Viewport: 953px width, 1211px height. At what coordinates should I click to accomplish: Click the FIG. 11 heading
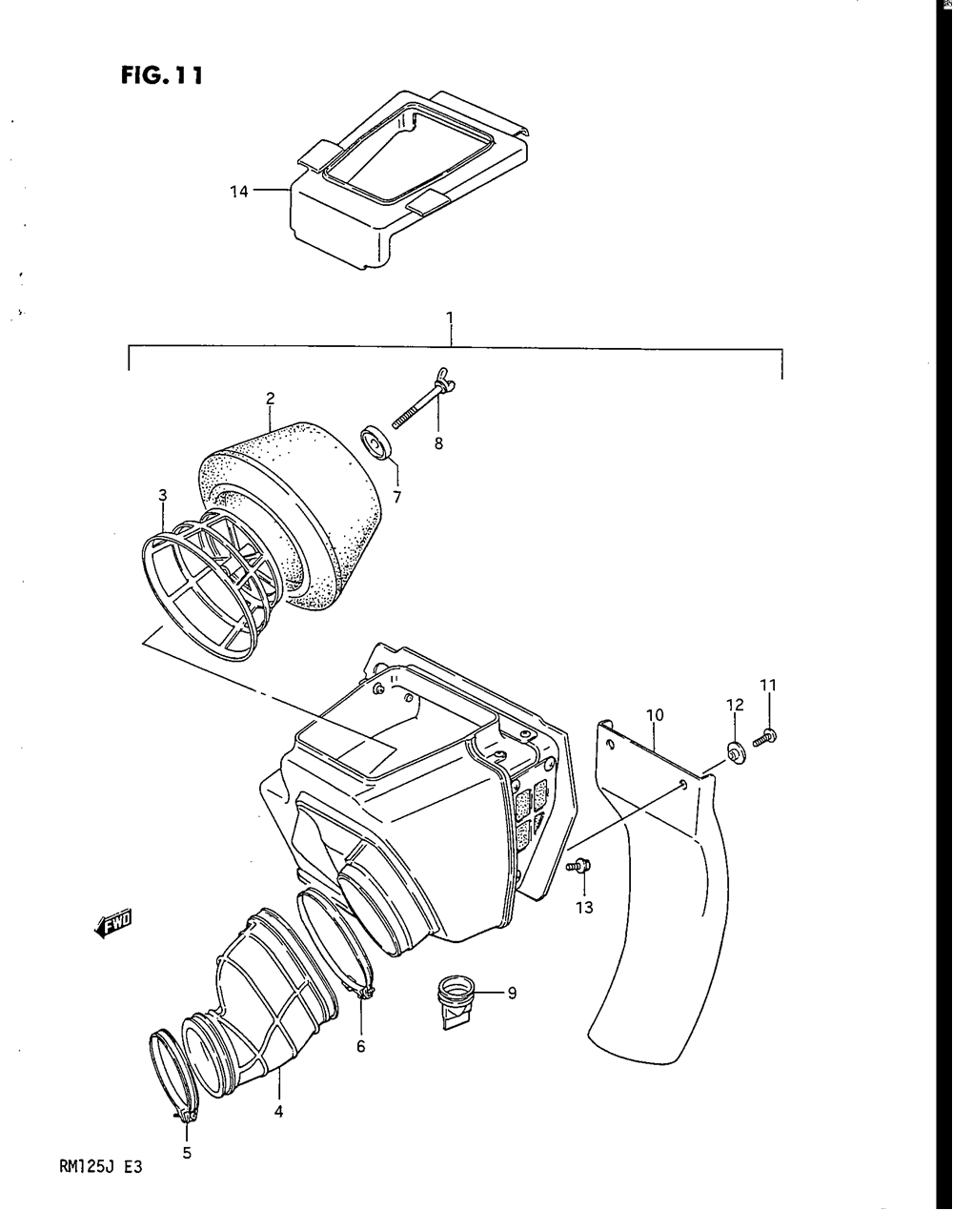click(x=161, y=74)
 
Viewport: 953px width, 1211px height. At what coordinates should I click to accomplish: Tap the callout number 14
click(x=238, y=192)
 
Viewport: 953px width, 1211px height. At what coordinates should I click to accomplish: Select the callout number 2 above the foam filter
click(x=270, y=399)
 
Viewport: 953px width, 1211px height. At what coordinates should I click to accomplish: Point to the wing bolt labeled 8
click(x=423, y=403)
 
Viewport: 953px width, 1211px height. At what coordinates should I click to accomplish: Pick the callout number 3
click(x=162, y=495)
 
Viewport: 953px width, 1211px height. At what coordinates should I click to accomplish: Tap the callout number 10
click(x=655, y=715)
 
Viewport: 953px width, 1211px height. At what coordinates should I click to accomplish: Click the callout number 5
click(x=187, y=1153)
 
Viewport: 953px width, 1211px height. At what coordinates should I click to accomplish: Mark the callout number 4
click(x=278, y=1112)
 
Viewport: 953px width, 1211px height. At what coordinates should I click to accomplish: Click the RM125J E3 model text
click(x=101, y=1167)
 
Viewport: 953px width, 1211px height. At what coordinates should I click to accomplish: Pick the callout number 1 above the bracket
click(x=450, y=318)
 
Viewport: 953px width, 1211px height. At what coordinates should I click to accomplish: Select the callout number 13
click(x=584, y=907)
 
